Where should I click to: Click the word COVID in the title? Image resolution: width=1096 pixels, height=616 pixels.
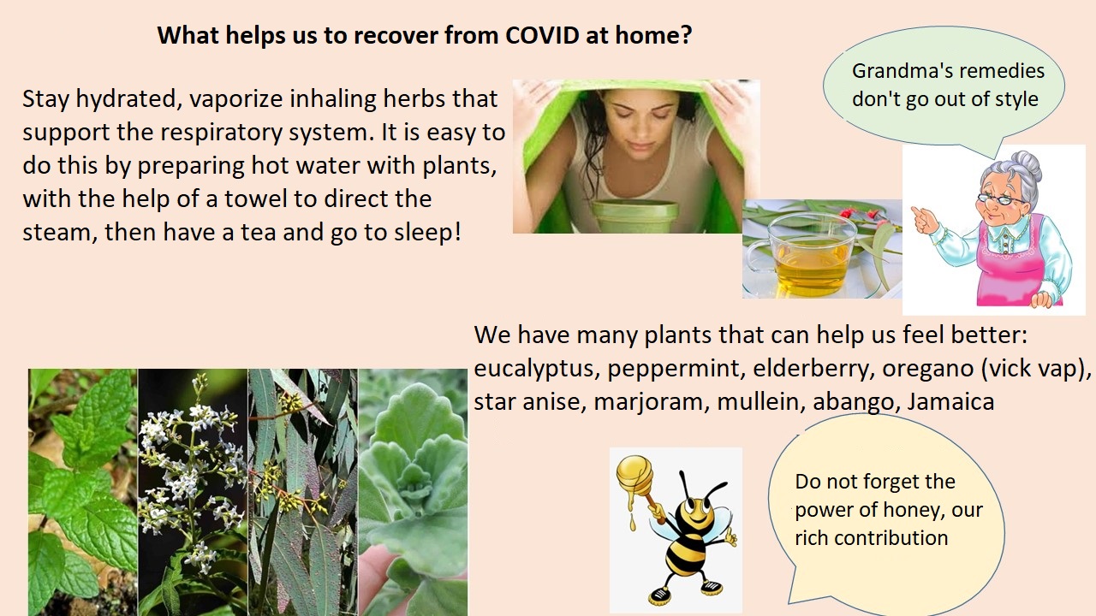tap(542, 35)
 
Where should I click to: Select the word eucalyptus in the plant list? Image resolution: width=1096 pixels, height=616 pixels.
tap(536, 369)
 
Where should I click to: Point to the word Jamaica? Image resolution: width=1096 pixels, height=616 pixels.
tap(950, 402)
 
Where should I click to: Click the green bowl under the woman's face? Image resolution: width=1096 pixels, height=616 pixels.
tap(635, 216)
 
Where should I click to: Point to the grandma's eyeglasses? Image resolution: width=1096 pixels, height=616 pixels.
tap(1001, 199)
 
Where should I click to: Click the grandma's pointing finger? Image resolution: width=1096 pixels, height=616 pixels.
tap(916, 211)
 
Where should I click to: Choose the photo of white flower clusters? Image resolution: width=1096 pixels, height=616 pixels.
tap(193, 492)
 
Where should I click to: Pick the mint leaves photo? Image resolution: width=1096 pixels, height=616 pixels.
tap(83, 492)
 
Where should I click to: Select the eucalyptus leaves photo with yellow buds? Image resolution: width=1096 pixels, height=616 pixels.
tap(303, 492)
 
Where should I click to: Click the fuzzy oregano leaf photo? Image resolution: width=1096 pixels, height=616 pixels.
tap(413, 492)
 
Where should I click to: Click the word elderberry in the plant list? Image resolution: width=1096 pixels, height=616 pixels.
tap(813, 369)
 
